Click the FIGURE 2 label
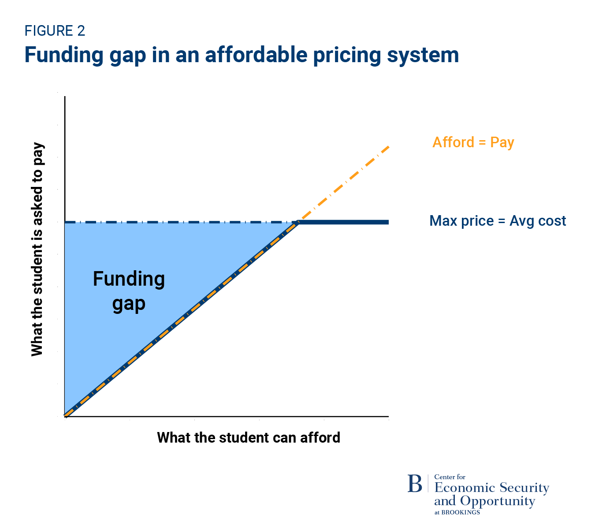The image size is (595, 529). [x=55, y=31]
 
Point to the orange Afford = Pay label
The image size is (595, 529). [x=473, y=142]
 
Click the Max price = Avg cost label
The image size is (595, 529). [x=498, y=221]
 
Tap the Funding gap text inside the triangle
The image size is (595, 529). [x=129, y=291]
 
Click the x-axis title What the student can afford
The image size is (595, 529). [x=249, y=437]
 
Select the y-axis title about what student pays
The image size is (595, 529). [x=37, y=249]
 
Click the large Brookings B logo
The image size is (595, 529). [x=415, y=484]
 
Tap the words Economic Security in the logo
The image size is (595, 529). [x=491, y=488]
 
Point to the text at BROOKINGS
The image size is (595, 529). [x=457, y=512]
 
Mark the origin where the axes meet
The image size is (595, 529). [x=65, y=416]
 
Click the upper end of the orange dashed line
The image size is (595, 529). [x=388, y=146]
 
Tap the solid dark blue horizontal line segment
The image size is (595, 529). [x=344, y=222]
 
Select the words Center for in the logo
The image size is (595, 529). [x=450, y=477]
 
